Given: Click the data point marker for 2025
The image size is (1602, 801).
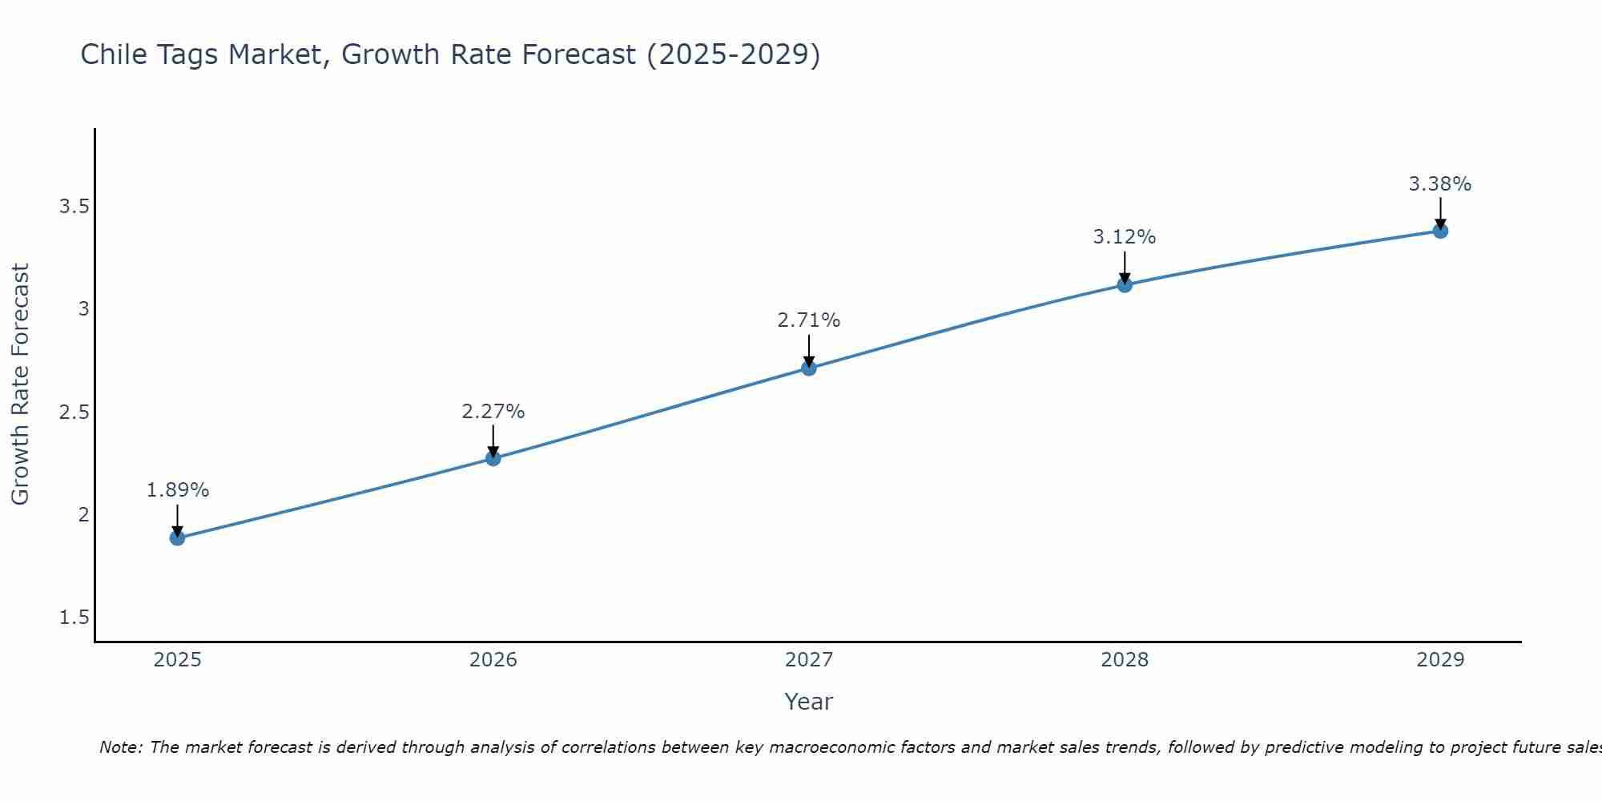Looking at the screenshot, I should point(177,537).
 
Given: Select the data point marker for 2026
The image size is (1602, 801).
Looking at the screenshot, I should point(493,458).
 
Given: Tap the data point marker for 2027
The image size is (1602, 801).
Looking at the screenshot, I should point(809,368).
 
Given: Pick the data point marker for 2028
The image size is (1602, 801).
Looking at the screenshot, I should point(1125,284).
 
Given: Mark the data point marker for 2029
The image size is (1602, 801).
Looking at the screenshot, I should point(1440,231).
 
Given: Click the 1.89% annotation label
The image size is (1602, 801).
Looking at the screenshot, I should point(177,490).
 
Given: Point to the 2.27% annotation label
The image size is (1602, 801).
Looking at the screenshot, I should point(493,412).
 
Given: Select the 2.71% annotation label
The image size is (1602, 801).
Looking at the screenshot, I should point(809,320).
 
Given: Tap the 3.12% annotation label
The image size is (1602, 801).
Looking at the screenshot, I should point(1125,237).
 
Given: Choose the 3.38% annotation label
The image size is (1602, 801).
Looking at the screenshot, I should point(1440,184).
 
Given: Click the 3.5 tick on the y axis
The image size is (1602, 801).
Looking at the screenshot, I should point(74,207).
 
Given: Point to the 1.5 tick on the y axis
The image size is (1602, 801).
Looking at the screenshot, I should point(74,618).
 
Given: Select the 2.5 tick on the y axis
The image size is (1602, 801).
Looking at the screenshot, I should point(74,413).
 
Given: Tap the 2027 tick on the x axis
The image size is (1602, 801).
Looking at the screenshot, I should point(809,660).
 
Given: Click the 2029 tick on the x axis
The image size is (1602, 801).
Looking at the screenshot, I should point(1440,660).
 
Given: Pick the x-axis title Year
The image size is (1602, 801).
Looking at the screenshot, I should point(809,702).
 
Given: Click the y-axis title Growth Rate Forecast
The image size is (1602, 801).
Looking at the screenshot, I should point(20,384).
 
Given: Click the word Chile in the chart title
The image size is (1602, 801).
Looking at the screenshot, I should point(112,54).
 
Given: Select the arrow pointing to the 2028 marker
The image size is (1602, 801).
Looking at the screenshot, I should point(1125,267).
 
